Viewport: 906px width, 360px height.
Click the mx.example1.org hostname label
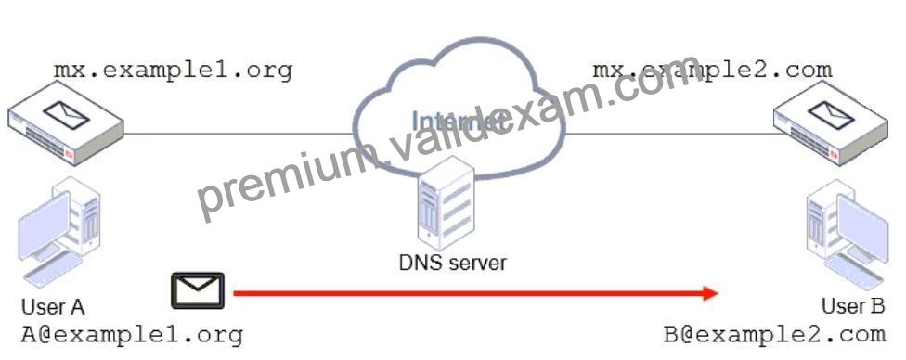click(173, 71)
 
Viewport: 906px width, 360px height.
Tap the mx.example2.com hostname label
click(712, 71)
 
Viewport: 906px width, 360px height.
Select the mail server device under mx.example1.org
click(66, 122)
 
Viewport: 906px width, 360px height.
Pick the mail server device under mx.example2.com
click(831, 122)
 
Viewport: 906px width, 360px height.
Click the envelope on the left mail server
click(67, 114)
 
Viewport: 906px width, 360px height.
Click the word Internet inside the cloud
click(455, 121)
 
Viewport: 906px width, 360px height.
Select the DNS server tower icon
click(447, 202)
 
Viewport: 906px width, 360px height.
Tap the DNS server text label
click(452, 263)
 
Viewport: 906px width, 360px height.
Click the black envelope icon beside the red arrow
click(197, 290)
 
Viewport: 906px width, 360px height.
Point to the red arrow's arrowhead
click(710, 293)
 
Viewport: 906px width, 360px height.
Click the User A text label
click(53, 307)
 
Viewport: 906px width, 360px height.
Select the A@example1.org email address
click(132, 335)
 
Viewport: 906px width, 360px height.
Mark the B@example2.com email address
click(774, 334)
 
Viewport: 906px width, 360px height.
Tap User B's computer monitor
click(862, 227)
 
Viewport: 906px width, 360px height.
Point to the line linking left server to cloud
click(238, 134)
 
